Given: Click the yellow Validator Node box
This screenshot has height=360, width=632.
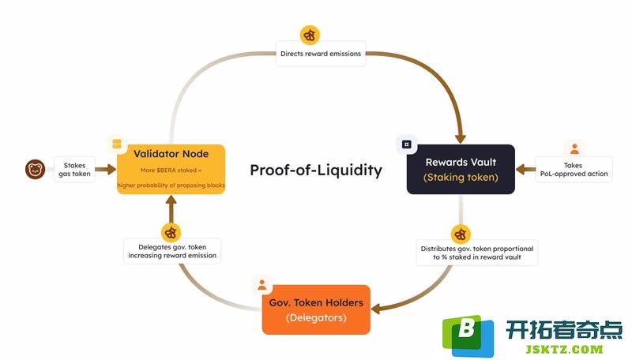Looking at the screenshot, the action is [171, 169].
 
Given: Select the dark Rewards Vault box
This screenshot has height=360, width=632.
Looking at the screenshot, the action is [461, 169].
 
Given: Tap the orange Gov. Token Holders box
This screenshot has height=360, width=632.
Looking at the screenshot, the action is [316, 309].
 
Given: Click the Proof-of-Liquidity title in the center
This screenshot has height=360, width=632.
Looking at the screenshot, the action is [316, 170].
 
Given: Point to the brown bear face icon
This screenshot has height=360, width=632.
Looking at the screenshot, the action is [35, 169].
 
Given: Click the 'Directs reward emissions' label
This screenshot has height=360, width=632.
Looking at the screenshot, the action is [321, 54].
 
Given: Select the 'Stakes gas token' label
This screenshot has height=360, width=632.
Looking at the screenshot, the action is [74, 170].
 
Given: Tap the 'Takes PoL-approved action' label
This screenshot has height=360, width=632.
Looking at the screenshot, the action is [574, 170].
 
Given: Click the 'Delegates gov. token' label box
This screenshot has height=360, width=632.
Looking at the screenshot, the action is [172, 251].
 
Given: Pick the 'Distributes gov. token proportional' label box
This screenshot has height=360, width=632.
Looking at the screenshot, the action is [477, 253].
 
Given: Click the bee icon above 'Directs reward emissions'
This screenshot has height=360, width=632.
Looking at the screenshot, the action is [310, 36].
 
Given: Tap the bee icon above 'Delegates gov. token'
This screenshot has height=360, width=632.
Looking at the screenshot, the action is [171, 233].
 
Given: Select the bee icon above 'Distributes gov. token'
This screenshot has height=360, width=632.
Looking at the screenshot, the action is [461, 234].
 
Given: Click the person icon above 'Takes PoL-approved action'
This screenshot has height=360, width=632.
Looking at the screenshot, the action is [574, 148].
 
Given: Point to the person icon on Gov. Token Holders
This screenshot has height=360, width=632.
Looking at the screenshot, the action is [262, 285].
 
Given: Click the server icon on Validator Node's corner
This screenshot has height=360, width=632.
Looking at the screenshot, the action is [117, 144].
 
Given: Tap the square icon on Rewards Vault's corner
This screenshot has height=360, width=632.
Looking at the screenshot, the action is [407, 144].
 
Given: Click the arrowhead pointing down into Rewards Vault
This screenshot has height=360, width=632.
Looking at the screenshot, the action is [461, 139].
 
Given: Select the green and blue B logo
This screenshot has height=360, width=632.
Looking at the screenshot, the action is [468, 336].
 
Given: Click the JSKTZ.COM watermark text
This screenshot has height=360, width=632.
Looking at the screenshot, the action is [564, 349].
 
